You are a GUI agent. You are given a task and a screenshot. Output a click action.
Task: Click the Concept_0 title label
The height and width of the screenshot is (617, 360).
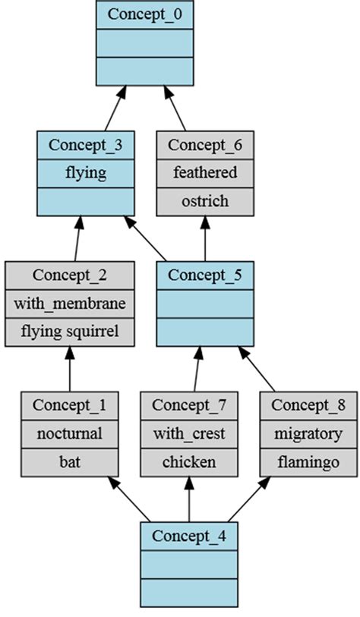144,14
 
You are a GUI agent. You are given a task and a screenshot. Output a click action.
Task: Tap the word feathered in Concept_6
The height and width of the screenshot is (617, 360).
204,173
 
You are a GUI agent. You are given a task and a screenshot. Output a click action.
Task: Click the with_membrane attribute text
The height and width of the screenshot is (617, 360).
70,304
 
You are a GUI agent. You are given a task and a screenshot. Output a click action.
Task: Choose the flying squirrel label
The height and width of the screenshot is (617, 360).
70,332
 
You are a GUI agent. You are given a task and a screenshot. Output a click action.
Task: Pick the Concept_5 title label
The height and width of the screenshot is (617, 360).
204,275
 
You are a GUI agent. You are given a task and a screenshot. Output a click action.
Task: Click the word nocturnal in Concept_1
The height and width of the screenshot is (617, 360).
69,433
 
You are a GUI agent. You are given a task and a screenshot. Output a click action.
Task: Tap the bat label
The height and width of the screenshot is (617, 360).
69,461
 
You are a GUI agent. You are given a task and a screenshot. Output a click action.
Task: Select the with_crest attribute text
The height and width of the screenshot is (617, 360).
189,433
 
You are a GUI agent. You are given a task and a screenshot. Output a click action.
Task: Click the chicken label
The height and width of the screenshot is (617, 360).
189,461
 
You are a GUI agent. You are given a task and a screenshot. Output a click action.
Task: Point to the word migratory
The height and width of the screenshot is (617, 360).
308,433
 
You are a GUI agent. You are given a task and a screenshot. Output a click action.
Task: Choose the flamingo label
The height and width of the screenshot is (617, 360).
308,461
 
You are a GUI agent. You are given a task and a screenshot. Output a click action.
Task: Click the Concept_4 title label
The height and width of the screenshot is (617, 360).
189,536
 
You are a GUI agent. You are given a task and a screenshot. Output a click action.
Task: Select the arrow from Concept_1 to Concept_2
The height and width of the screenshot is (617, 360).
70,370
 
